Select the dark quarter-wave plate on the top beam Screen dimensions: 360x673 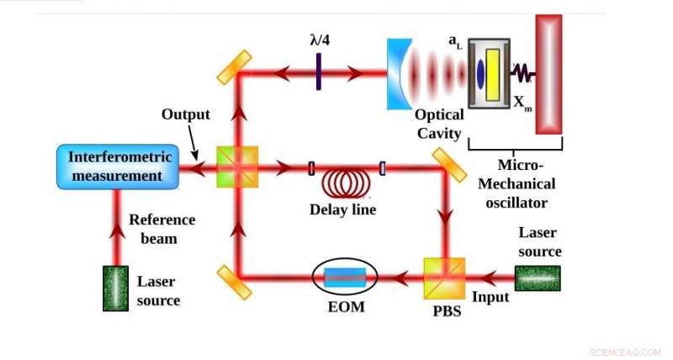pos(319,72)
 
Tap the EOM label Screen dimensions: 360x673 pos(346,306)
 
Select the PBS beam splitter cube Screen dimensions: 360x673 pos(443,275)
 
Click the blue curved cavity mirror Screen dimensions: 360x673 pos(398,73)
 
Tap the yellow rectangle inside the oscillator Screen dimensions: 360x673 pos(494,74)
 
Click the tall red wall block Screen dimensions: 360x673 pos(548,74)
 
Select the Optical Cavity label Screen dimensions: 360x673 pos(438,124)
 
